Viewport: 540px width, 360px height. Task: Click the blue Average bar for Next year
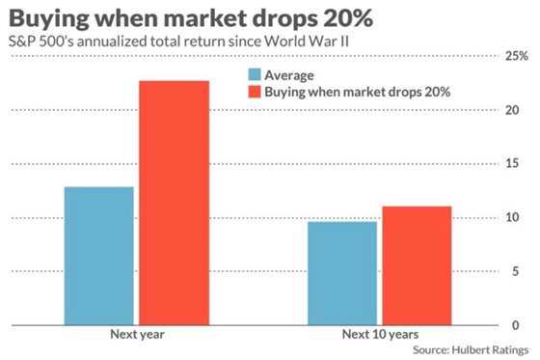[x=100, y=256]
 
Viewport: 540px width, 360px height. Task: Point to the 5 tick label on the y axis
[x=521, y=271]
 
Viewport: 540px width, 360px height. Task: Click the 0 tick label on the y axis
[x=521, y=325]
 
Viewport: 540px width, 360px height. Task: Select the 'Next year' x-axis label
[x=137, y=335]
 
